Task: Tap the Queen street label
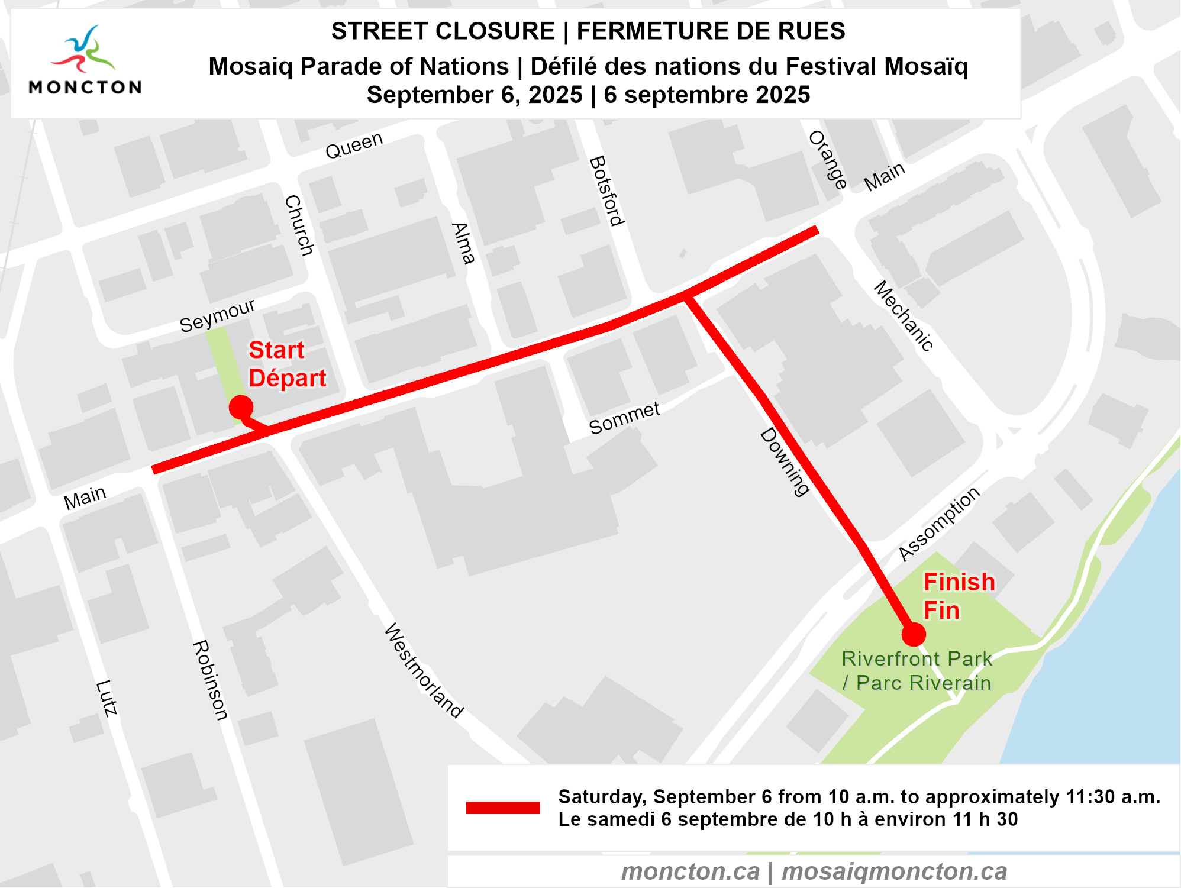point(354,146)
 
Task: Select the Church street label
point(299,225)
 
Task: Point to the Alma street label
point(463,243)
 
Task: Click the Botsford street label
point(607,191)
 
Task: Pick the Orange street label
point(828,160)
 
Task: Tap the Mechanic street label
point(904,316)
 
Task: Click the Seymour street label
point(217,315)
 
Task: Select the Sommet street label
point(624,418)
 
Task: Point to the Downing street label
point(785,462)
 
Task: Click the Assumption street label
point(939,524)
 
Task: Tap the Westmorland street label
point(424,670)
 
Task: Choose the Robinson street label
point(210,680)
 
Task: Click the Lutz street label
point(107,698)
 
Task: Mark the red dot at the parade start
point(241,407)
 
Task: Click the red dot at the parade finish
point(914,634)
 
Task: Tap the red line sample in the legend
point(502,808)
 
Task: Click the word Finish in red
point(959,582)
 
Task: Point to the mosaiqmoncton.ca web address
point(894,871)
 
